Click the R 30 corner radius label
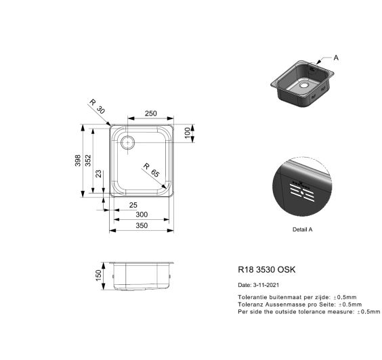[97, 106]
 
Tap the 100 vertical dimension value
[187, 132]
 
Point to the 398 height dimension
[78, 160]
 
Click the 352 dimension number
[89, 160]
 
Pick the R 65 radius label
[151, 170]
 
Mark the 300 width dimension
[141, 215]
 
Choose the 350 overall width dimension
[141, 225]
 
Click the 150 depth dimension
[98, 275]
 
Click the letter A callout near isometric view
[337, 58]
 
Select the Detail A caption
[302, 229]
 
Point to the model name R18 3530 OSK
[266, 270]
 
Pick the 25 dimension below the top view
[133, 204]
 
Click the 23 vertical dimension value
[99, 174]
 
